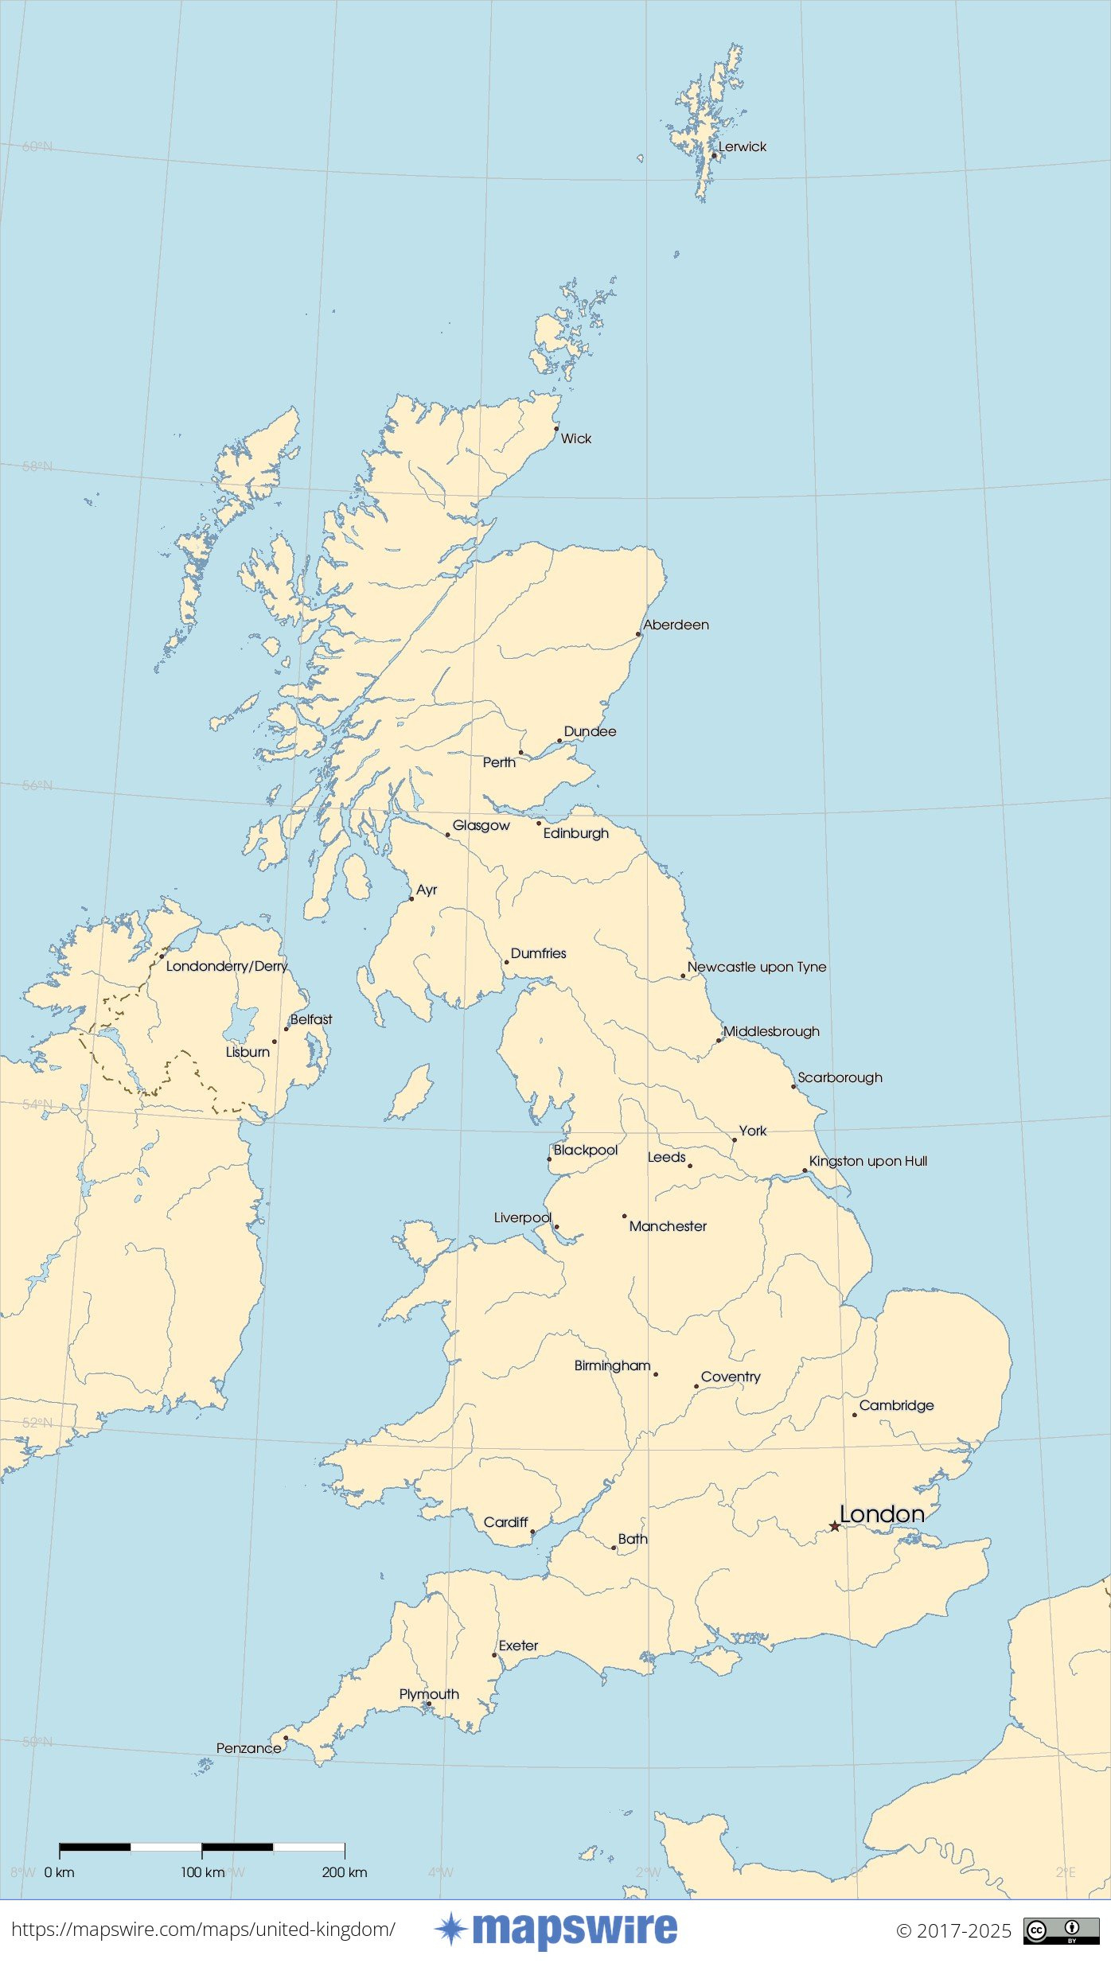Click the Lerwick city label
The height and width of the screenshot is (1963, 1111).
point(742,146)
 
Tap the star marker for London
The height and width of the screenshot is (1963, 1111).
point(834,1526)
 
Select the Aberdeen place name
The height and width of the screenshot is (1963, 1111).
point(676,625)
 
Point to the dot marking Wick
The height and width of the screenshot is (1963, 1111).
point(556,428)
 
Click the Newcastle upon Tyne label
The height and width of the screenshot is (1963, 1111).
point(756,967)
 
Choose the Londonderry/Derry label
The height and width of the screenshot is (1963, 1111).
point(227,966)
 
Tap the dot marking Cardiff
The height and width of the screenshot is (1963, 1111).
point(532,1532)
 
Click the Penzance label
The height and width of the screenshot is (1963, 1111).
point(248,1748)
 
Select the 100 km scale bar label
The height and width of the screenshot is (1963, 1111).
point(202,1872)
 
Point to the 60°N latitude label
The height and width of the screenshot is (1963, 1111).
point(37,146)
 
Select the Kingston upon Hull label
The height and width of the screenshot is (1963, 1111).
point(867,1161)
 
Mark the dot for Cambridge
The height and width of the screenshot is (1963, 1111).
point(855,1415)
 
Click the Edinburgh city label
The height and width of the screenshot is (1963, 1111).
point(575,833)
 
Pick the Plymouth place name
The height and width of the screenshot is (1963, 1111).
point(429,1694)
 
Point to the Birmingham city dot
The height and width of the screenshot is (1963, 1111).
point(656,1374)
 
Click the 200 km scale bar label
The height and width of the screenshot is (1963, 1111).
point(345,1872)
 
